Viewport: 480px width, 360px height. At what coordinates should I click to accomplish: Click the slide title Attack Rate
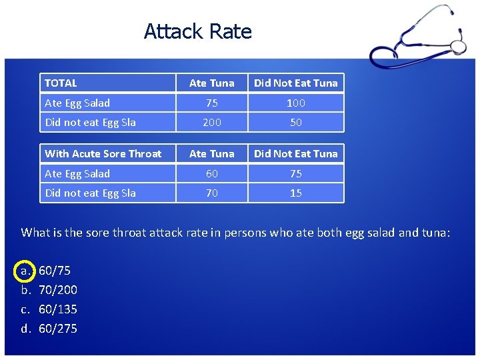click(x=198, y=31)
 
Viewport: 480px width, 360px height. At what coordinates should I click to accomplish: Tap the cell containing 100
click(x=296, y=103)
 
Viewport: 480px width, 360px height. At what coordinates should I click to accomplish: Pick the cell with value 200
click(x=212, y=122)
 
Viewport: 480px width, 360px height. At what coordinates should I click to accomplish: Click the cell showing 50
click(x=296, y=122)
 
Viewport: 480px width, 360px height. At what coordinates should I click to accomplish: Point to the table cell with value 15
click(x=296, y=193)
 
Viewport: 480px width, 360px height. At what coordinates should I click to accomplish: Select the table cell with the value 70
click(x=212, y=193)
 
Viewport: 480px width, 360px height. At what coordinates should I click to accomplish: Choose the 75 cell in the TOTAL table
click(x=212, y=103)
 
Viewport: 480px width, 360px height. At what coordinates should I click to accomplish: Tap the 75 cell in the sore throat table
click(x=296, y=173)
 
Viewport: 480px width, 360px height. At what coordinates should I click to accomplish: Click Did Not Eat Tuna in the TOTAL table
click(x=296, y=83)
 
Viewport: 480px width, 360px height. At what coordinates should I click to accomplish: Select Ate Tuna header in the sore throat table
click(x=212, y=154)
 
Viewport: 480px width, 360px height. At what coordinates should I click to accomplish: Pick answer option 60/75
click(x=55, y=271)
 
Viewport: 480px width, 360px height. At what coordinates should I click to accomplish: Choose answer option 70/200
click(x=58, y=290)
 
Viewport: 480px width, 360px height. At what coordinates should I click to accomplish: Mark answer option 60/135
click(x=58, y=309)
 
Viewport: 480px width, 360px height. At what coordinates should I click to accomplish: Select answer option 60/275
click(x=58, y=329)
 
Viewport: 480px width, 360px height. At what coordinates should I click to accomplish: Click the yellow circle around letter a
click(x=26, y=271)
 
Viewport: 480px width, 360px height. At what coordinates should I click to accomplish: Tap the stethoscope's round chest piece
click(x=458, y=46)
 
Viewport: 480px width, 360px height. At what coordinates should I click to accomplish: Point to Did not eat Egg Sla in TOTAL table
click(x=90, y=122)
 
